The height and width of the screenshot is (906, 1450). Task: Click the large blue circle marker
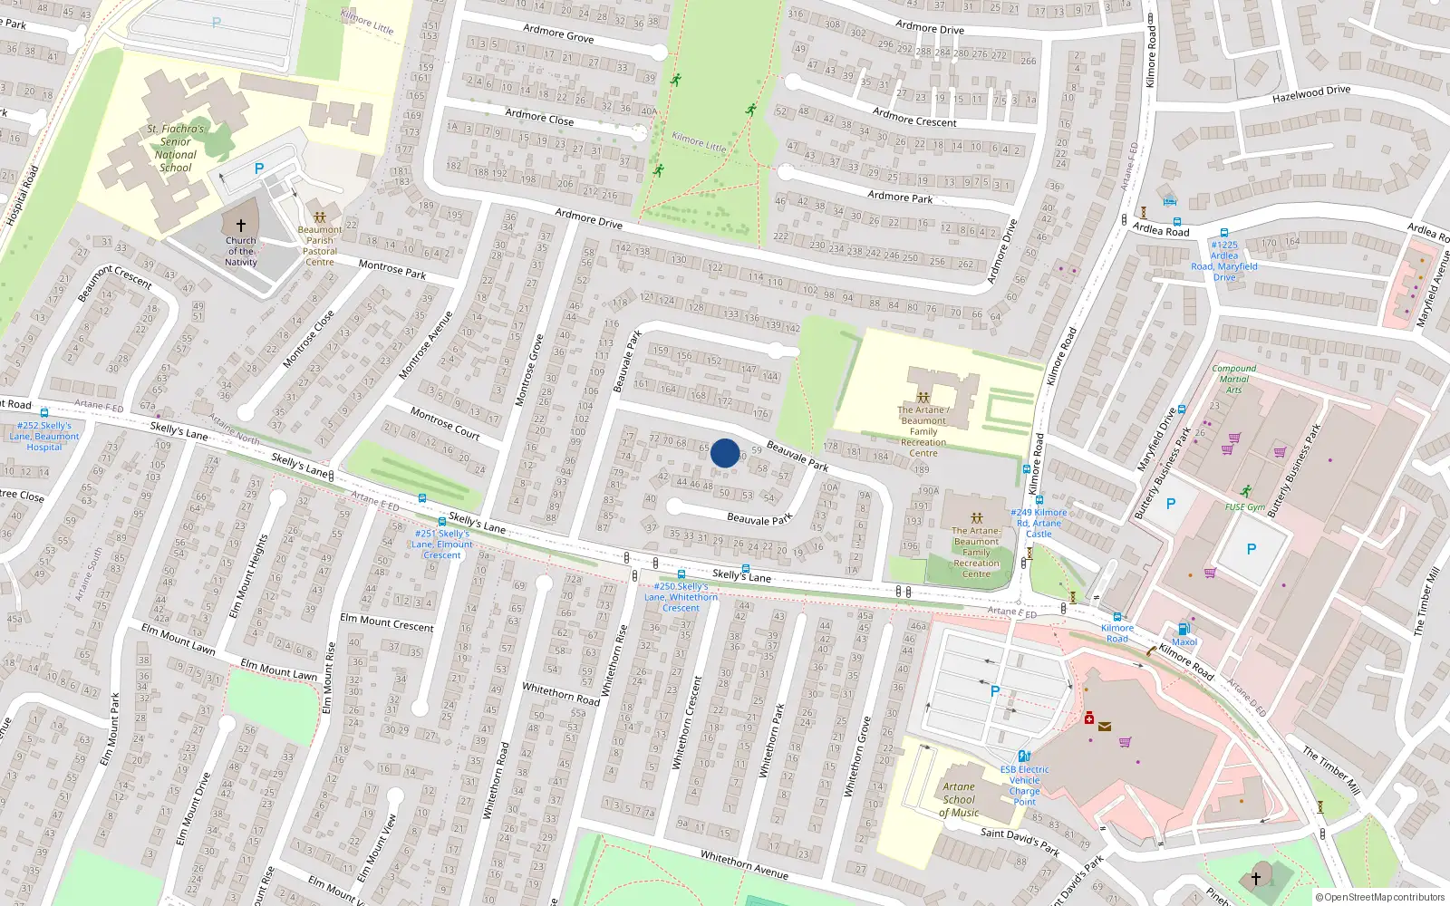[x=725, y=453]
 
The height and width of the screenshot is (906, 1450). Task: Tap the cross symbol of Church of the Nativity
[x=241, y=226]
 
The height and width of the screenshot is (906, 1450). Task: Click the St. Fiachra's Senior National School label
[x=176, y=149]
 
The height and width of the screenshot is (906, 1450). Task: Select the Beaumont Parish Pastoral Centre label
[x=320, y=246]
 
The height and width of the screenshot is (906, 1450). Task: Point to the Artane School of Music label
[x=959, y=799]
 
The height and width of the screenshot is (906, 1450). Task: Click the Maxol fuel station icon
[x=1183, y=629]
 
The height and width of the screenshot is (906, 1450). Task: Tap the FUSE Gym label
[x=1245, y=506]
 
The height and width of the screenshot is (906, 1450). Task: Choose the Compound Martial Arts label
[x=1233, y=379]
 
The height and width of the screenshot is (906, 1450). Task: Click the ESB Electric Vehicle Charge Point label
[x=1024, y=786]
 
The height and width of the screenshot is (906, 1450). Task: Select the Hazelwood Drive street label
[x=1310, y=93]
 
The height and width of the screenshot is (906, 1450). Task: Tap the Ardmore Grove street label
[x=558, y=34]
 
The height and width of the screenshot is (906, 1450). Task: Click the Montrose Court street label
[x=444, y=423]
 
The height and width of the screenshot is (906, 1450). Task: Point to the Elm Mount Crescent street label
[x=387, y=622]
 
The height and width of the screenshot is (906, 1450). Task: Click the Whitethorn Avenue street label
[x=743, y=865]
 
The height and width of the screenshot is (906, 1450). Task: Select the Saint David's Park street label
[x=1020, y=841]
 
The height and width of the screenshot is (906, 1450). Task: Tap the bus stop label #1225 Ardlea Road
[x=1224, y=261]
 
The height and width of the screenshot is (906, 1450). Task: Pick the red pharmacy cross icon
[x=1089, y=718]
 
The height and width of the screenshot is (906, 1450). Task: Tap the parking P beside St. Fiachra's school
[x=259, y=169]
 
